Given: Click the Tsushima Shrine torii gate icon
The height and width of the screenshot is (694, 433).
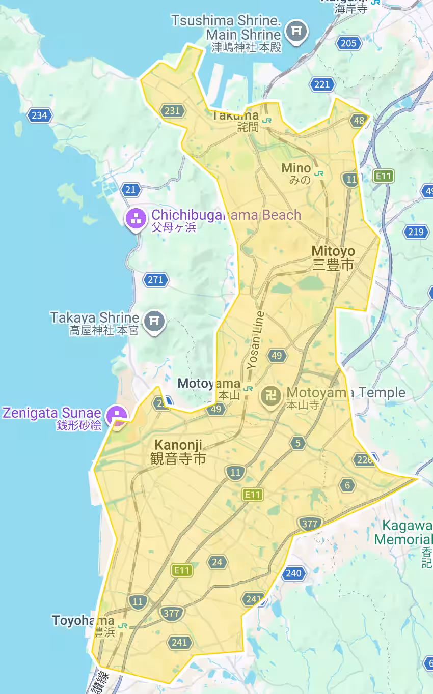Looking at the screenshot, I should point(296,32).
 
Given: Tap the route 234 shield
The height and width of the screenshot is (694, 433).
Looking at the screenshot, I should point(39,115).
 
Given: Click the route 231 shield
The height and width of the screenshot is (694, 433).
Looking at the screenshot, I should point(173,110).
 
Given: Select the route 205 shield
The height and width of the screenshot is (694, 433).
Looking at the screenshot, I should point(348,43).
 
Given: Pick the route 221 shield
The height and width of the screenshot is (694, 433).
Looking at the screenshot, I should point(322,84).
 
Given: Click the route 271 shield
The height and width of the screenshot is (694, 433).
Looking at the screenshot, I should point(155,280).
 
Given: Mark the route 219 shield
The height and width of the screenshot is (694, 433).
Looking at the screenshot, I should point(416,232).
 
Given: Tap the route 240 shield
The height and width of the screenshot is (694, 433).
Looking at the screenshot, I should point(293,574).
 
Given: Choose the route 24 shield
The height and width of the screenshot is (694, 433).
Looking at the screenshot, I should point(218,562).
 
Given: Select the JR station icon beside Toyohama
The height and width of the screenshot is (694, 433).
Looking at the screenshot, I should point(123,625).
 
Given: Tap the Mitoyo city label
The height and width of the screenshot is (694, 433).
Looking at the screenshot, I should point(333,257).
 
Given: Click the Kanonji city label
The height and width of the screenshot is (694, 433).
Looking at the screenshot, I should point(178,451).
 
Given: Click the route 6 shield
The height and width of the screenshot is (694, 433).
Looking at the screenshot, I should point(347,485).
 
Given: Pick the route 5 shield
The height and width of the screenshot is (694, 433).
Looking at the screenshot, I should point(298,443).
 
